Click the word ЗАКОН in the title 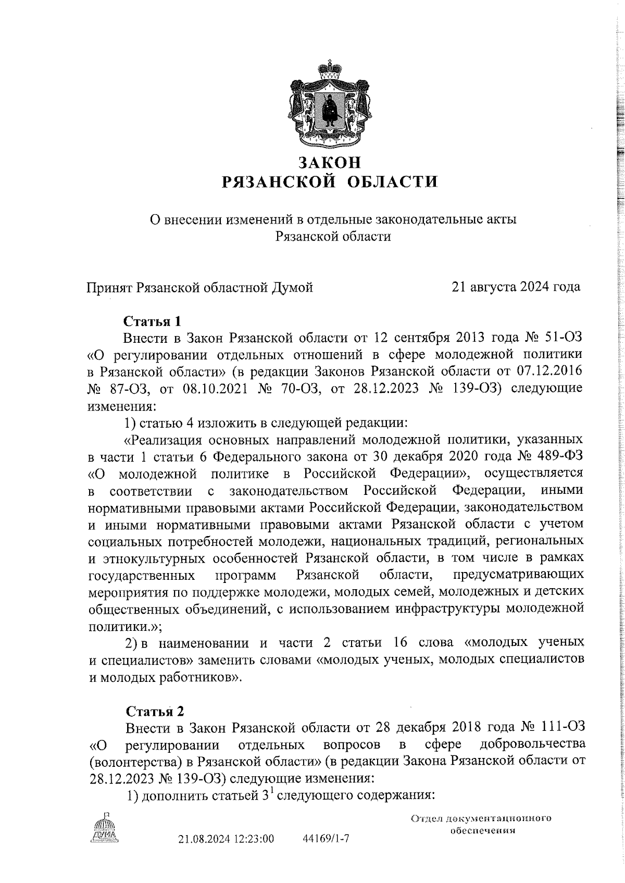[x=329, y=163]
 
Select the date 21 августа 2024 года [x=516, y=287]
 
